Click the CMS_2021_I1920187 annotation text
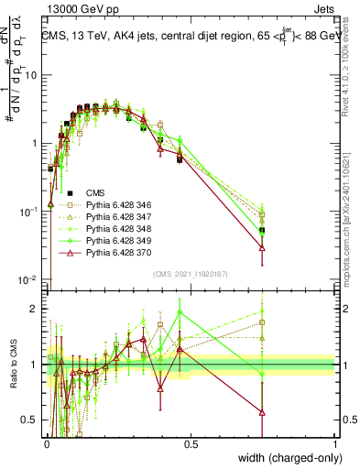[191, 273]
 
